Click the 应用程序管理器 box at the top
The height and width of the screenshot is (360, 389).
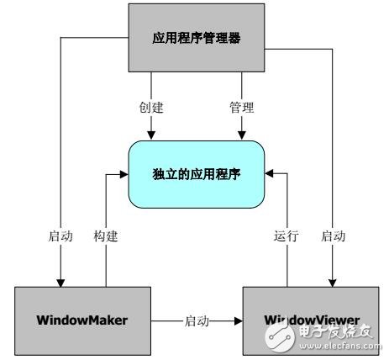(196, 37)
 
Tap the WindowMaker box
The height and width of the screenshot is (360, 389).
(83, 320)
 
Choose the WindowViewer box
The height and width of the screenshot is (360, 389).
(312, 320)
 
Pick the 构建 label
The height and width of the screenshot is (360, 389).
(106, 237)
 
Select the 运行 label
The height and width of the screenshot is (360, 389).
(286, 237)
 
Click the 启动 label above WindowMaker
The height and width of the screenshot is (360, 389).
(60, 237)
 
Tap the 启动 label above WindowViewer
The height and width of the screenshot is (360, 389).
(333, 237)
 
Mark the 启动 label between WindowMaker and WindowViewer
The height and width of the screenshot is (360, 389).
(197, 320)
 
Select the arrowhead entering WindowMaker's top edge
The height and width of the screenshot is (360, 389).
(60, 281)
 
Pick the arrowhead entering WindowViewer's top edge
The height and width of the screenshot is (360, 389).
(333, 281)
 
